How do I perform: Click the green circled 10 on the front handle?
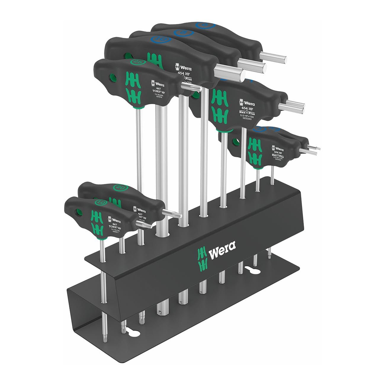tap(100, 202)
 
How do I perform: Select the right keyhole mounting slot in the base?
tap(251, 269)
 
